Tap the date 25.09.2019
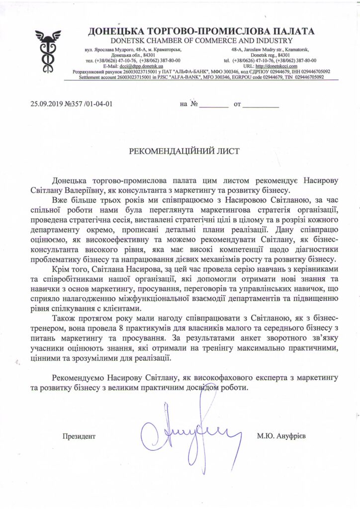point(47,104)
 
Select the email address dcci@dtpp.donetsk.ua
point(137,66)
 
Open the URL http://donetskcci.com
point(276,66)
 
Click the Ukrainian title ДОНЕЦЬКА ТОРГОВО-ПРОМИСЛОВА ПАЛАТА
point(201,32)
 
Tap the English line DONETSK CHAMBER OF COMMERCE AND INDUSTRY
point(201,41)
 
